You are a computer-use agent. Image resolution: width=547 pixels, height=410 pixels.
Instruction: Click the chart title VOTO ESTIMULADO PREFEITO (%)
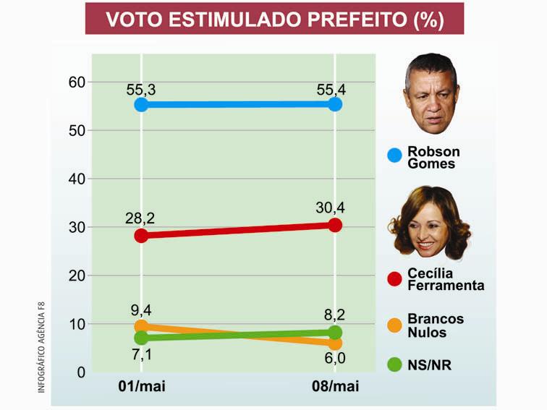274,19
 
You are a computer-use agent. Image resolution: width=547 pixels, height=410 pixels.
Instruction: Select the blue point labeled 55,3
141,105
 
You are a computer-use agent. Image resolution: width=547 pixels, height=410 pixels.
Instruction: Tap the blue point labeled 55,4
335,104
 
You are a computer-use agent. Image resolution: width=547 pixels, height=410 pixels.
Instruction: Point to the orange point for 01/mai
141,327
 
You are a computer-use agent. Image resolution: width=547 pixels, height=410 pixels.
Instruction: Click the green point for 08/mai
335,333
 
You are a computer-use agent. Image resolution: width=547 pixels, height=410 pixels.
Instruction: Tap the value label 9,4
141,310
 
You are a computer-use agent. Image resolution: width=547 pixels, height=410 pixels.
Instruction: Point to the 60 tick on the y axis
77,82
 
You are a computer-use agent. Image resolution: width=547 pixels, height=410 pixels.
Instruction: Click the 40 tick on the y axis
77,179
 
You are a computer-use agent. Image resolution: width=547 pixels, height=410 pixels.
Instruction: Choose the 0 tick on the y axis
81,372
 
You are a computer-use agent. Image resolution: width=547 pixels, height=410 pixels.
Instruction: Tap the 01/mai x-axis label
141,387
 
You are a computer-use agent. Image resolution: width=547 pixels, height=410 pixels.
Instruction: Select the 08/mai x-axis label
335,387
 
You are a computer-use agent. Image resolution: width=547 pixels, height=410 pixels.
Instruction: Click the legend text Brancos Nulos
436,325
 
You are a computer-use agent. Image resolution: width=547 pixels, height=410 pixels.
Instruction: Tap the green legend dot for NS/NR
394,365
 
